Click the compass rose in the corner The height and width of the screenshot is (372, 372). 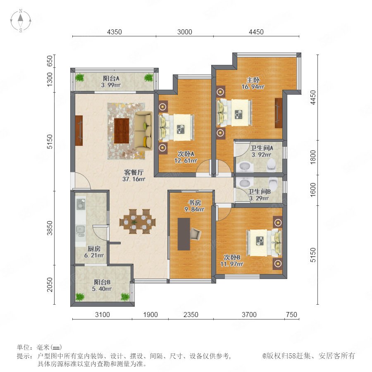coord(21,21)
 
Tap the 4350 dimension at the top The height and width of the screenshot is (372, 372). coord(114,32)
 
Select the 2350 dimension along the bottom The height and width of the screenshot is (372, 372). coord(191,315)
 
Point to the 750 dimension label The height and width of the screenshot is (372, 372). coord(291,315)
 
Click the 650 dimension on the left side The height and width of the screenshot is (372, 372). coord(50,61)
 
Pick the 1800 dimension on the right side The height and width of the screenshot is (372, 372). coord(313,157)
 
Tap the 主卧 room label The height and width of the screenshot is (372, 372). coord(253,80)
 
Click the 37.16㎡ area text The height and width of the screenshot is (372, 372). coord(134,179)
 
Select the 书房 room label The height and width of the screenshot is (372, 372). coord(195,203)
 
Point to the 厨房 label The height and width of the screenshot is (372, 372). coord(94,249)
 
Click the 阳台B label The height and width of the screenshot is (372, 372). coord(102,282)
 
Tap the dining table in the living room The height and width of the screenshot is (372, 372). coord(138,222)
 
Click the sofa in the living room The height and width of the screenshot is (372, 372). coord(143,131)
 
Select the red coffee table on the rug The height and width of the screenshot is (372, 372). coord(122,131)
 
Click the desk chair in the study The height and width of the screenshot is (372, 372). coord(196,234)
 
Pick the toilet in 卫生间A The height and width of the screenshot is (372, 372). coord(271,165)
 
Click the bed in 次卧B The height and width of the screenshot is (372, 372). coord(264,243)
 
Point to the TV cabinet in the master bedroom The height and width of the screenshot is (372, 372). coord(279,113)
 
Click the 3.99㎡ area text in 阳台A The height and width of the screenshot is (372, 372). coord(111,85)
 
